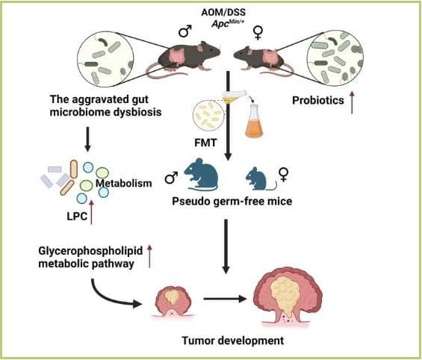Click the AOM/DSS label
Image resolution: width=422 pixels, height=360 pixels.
[223, 13]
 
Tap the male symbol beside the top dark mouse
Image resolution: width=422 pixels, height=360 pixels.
[185, 31]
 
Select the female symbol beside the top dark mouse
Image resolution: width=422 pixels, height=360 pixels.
[258, 32]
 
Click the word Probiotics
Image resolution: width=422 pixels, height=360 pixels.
[318, 100]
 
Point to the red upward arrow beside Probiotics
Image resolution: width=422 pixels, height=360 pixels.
[352, 102]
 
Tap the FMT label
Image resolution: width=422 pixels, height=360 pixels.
[205, 143]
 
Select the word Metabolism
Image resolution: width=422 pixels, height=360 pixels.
[124, 183]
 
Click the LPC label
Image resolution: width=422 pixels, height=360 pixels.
[77, 216]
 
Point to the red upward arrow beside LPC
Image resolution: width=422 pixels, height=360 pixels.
[92, 212]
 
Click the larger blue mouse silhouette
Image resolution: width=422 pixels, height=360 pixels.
[202, 174]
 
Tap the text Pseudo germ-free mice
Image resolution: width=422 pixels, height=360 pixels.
[232, 201]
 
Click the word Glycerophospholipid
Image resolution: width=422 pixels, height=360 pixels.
[90, 251]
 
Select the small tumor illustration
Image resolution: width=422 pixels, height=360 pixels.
[173, 302]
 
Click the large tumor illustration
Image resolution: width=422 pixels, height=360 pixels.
[288, 297]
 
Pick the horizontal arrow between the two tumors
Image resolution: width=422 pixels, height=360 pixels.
[225, 299]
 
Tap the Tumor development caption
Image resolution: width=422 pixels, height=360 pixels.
[233, 341]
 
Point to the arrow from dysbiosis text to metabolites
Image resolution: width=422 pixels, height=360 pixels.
[87, 139]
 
